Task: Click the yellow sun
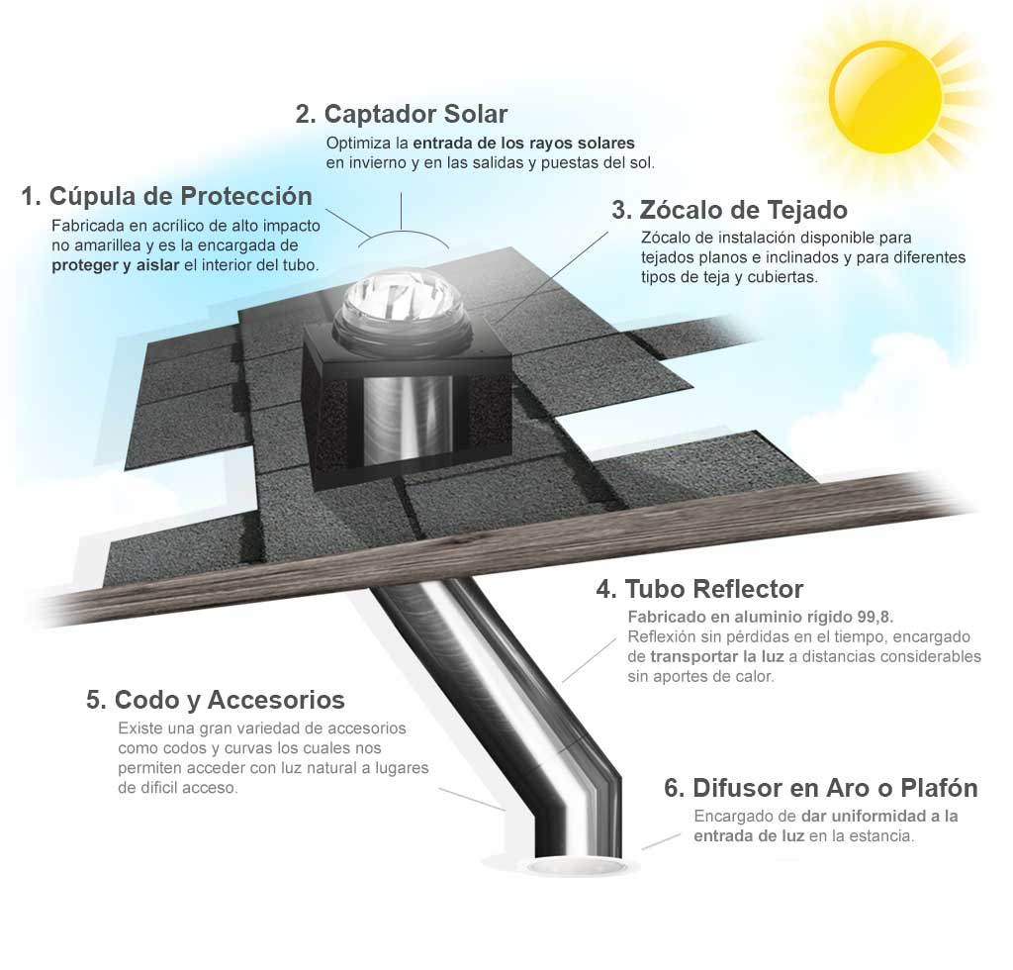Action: (x=885, y=97)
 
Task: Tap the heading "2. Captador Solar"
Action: (x=402, y=114)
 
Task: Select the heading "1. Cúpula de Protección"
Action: (x=166, y=196)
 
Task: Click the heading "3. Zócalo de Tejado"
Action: (x=729, y=210)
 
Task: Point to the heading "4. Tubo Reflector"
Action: (x=699, y=589)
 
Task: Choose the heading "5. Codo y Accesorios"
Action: (x=215, y=700)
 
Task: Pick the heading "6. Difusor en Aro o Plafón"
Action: (x=820, y=789)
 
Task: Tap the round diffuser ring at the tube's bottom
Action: (x=576, y=866)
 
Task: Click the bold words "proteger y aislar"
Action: (x=116, y=265)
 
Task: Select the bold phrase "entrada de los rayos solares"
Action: (x=524, y=143)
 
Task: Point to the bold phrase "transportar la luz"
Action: (x=717, y=656)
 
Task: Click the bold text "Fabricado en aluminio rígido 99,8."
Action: (x=761, y=618)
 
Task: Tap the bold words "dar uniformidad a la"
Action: (x=879, y=817)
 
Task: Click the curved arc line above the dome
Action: (x=403, y=234)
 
